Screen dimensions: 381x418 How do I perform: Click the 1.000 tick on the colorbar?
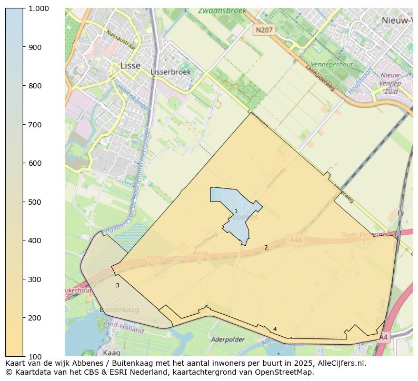[25, 8]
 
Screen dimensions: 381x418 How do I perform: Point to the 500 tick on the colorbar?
[25, 202]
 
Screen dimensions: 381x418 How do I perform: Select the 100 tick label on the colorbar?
[35, 356]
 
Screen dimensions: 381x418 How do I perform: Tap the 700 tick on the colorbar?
[25, 125]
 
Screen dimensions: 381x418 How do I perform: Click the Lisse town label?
[130, 66]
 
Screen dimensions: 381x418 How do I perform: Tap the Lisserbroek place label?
[171, 72]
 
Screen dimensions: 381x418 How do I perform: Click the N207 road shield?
[264, 30]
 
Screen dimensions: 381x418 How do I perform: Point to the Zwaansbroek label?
[222, 11]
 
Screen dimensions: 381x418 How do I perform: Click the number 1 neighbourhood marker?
[236, 211]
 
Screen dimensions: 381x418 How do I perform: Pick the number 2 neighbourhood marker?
[266, 247]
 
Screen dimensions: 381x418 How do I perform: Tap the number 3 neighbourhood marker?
[117, 285]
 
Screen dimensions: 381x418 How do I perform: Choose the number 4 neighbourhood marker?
[275, 329]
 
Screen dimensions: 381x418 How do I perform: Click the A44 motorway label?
[296, 240]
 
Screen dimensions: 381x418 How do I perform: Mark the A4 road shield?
[383, 337]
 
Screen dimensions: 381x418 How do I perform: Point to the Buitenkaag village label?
[120, 310]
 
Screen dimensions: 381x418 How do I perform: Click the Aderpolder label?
[227, 340]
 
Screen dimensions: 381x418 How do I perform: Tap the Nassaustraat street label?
[121, 40]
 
